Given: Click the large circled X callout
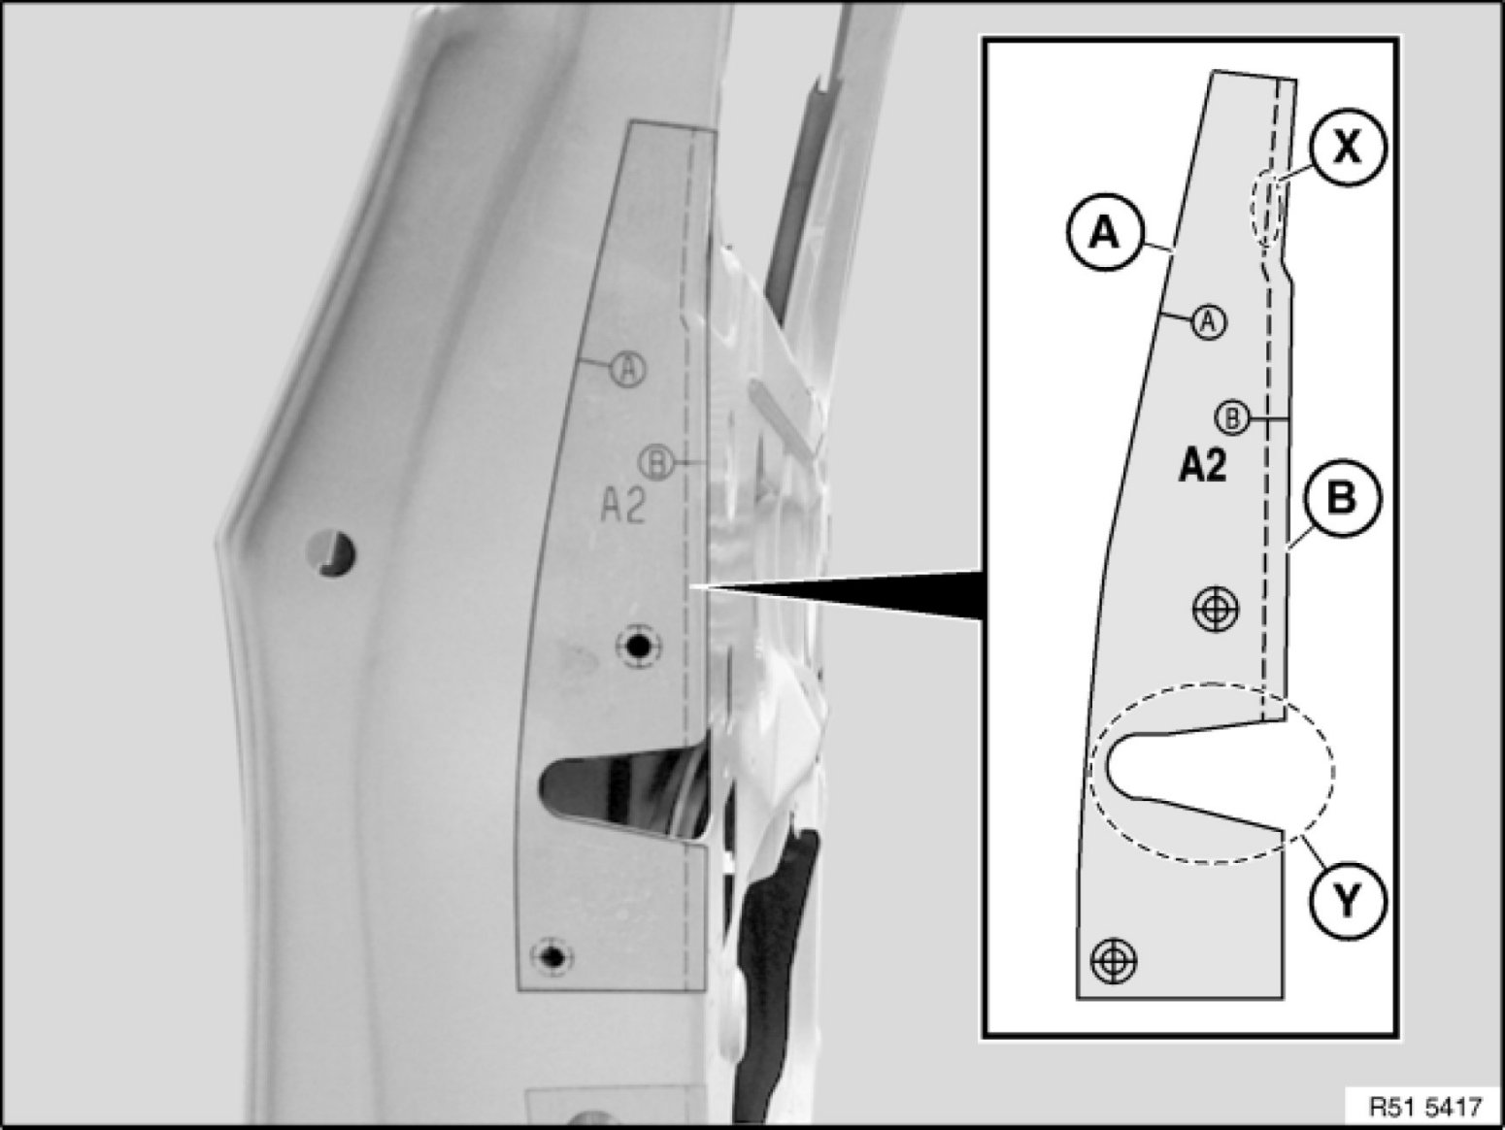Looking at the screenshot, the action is [x=1348, y=148].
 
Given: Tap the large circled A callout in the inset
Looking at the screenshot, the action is [x=1105, y=234].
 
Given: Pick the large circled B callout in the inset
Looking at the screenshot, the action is [x=1342, y=498].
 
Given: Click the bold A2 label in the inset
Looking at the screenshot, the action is [x=1202, y=467].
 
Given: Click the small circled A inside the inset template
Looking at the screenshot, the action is [x=1210, y=321].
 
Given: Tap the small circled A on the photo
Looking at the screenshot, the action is [x=629, y=369].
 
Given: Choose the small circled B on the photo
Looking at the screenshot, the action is [x=656, y=463].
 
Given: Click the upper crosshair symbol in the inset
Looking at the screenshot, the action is [x=1217, y=609].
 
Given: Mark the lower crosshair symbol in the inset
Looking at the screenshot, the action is [x=1114, y=961].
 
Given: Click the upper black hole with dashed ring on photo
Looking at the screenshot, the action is [x=638, y=646].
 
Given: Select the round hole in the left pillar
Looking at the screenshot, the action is [x=331, y=552].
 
